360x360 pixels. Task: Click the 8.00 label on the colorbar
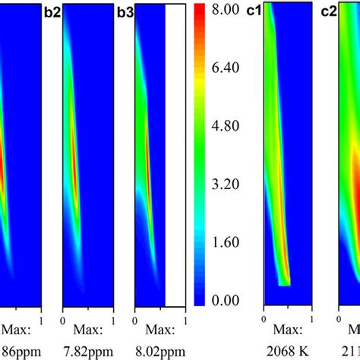point(226,10)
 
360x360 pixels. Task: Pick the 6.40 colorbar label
point(226,68)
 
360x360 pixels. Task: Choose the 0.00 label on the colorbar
point(226,301)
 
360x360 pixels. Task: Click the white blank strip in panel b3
point(175,152)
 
